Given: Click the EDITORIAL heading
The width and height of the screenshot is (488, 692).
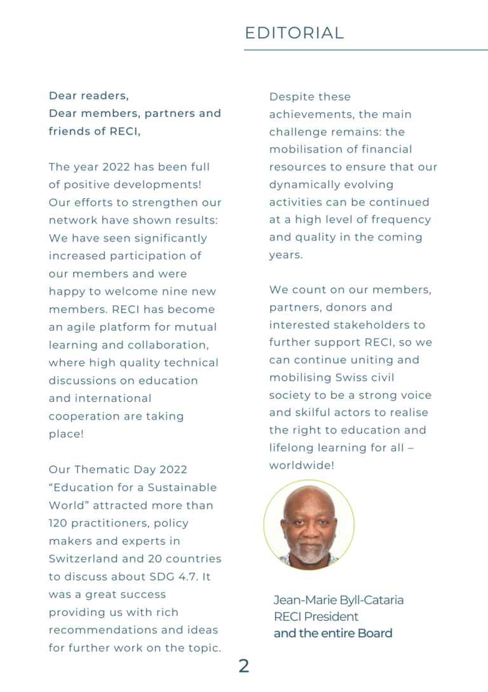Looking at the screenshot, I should [x=294, y=33].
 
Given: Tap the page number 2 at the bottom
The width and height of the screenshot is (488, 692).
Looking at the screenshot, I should [x=244, y=666].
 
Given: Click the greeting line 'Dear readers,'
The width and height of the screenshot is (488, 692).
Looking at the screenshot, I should [x=88, y=96].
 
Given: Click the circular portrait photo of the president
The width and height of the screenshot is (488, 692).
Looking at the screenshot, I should [x=309, y=525].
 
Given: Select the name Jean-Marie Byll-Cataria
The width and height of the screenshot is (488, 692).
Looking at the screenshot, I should [x=339, y=600].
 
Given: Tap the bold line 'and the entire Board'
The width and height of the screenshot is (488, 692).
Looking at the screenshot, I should [x=333, y=633].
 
